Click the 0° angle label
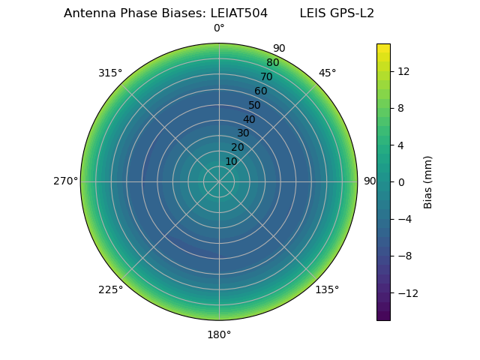point(219,28)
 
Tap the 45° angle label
point(327,73)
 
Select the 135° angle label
point(327,289)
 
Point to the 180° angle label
point(219,334)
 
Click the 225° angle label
point(110,289)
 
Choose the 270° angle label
point(66,181)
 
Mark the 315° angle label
point(110,73)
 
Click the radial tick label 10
point(231,161)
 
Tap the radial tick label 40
point(249,119)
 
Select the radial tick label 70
point(266,76)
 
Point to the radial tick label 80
point(272,62)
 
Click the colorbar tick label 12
point(403,71)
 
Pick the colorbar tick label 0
point(400,181)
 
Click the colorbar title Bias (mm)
point(428,181)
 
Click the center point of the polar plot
point(219,181)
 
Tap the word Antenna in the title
point(88,13)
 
